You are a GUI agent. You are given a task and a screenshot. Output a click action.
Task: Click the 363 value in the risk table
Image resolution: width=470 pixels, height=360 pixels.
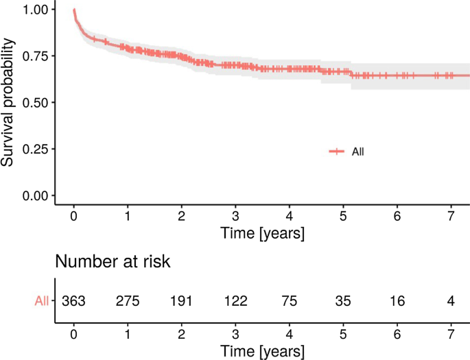click(73, 301)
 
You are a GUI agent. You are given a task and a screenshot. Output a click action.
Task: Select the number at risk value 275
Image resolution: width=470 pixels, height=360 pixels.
click(128, 301)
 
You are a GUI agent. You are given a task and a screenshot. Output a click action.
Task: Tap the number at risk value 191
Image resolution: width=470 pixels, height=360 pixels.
click(181, 301)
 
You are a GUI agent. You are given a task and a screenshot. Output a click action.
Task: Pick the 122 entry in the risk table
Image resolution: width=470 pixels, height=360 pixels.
click(235, 301)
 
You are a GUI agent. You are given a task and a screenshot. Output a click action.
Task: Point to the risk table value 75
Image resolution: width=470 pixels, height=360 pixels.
click(290, 301)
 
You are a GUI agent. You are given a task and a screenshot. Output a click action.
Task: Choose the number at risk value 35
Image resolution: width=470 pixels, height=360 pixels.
click(343, 301)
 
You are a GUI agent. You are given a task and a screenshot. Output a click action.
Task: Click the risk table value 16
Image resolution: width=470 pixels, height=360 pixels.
click(397, 301)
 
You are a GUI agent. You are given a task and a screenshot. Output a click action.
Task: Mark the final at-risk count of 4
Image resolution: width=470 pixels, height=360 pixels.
click(451, 301)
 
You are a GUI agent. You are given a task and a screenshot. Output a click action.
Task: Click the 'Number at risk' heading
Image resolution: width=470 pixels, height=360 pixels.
click(113, 262)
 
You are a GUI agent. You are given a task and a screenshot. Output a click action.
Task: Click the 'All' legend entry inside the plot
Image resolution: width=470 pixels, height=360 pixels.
click(357, 152)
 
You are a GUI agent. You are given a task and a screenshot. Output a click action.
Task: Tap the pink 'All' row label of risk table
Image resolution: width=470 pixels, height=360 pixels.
click(42, 301)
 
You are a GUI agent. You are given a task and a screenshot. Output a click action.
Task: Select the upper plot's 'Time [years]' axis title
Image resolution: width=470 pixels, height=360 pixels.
click(263, 233)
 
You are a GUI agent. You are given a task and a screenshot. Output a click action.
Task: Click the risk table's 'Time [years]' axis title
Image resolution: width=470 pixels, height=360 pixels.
click(263, 350)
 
